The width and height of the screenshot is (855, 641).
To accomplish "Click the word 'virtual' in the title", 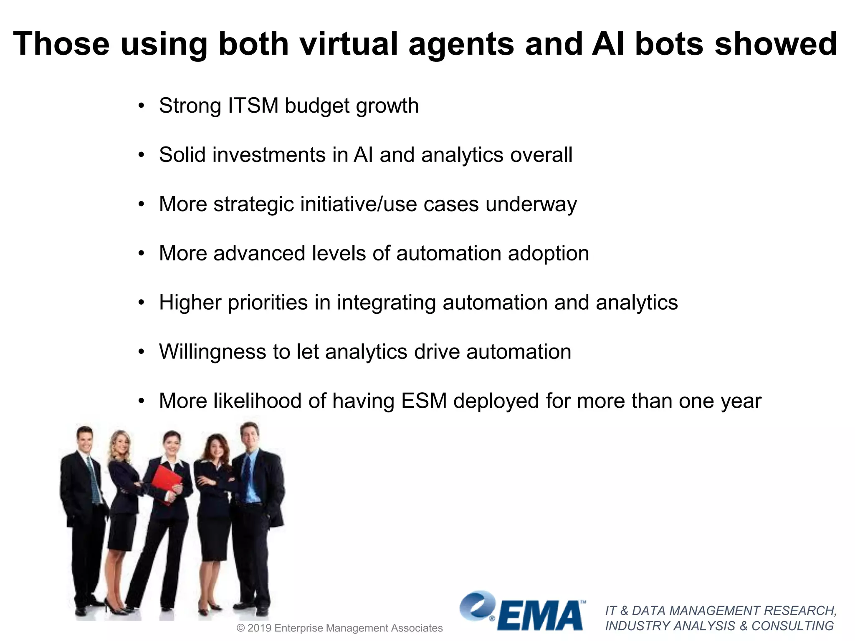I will point(350,43).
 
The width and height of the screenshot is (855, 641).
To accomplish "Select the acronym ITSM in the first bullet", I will point(253,106).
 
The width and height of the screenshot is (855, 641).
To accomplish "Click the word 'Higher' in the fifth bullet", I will point(190,303).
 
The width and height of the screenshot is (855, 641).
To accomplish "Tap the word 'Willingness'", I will point(212,352).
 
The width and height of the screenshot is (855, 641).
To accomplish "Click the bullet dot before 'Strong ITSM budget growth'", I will point(142,106).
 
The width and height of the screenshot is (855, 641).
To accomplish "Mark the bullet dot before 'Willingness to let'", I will point(142,352).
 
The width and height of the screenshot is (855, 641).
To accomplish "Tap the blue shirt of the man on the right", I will point(253,480).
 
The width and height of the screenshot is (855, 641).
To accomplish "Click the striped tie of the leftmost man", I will point(94,480).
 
